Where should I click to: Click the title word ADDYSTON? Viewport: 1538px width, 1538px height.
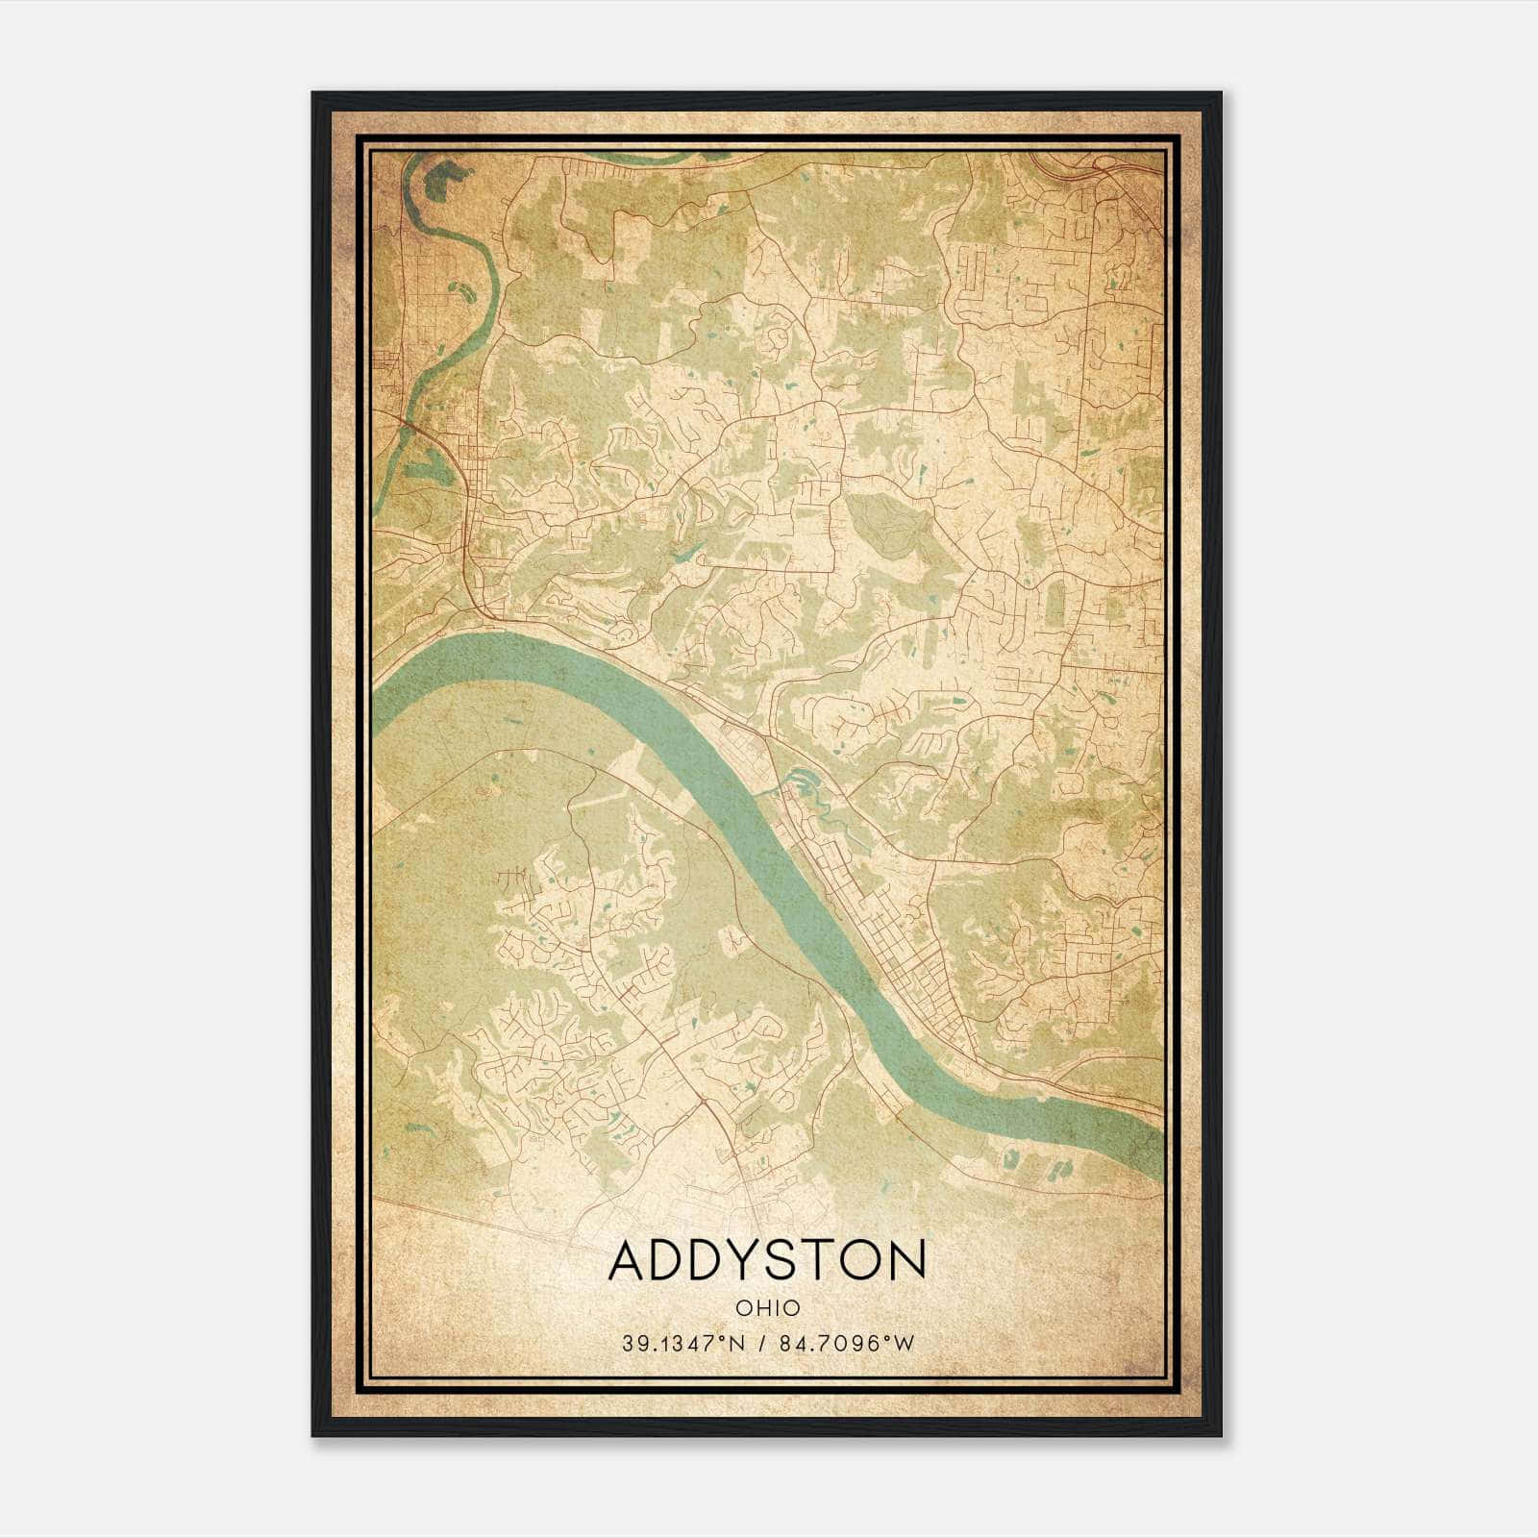(x=767, y=1260)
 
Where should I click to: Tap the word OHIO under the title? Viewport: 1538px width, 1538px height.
(x=767, y=1307)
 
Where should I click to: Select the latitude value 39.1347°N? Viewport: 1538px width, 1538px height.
(x=682, y=1344)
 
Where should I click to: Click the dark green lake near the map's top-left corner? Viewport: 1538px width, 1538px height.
(x=445, y=179)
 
